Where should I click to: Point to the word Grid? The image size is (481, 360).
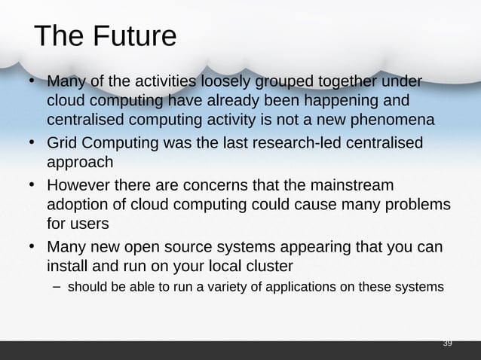(x=63, y=143)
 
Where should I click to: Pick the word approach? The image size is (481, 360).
(x=80, y=163)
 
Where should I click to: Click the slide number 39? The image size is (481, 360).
(x=447, y=343)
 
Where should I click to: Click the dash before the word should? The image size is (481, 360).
(x=57, y=287)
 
